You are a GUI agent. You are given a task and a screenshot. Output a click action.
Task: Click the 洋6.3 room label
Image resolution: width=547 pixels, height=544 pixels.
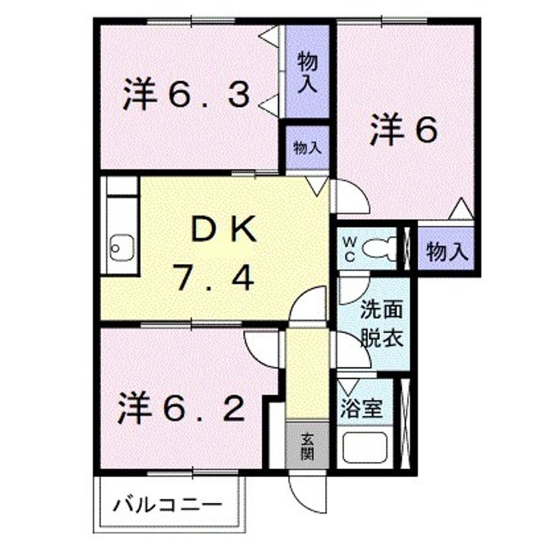coord(187,96)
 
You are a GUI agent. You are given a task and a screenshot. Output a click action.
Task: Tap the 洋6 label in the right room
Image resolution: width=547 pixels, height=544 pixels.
coord(404,131)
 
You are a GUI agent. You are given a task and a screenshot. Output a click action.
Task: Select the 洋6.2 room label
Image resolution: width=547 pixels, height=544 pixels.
coord(182,410)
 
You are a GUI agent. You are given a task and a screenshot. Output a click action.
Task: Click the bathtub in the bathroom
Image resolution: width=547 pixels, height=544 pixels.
coord(365,448)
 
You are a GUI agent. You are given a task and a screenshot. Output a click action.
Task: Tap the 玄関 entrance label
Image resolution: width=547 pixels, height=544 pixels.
coord(307,446)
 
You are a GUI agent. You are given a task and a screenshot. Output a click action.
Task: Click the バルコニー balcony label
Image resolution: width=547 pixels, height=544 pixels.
coord(169,505)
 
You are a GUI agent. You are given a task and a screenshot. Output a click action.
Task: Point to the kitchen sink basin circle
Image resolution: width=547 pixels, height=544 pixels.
coord(119,246)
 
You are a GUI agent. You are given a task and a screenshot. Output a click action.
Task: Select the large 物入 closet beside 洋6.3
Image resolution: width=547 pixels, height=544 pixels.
coord(307,72)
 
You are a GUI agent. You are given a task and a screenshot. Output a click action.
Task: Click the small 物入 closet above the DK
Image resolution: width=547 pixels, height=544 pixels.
coord(306,149)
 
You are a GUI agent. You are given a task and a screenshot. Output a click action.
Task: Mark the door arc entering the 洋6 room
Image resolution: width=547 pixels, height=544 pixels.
coord(351,197)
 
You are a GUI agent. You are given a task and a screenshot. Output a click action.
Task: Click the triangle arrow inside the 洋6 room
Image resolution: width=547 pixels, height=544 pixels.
coord(459,208)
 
